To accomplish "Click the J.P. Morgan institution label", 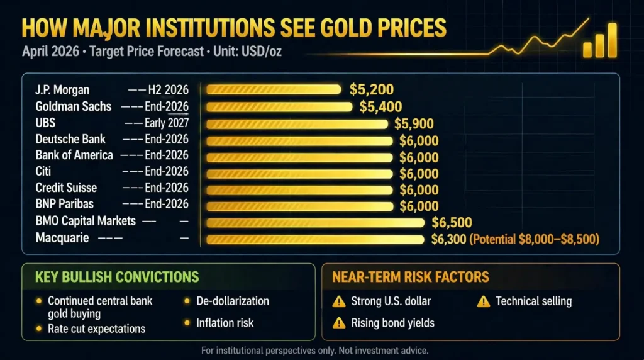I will tap(62, 90).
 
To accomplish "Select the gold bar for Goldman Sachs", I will tap(279, 107).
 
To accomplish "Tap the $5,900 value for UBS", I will tap(414, 124).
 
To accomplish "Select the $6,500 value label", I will tap(452, 222).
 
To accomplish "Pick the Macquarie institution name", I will tap(62, 238).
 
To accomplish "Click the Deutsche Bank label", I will tap(70, 139).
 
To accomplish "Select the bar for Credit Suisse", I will tap(300, 189).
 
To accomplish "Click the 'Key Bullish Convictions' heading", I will tap(117, 277).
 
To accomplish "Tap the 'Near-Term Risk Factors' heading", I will tap(410, 277).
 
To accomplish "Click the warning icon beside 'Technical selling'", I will tap(483, 301).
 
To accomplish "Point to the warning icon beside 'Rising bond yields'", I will tap(339, 323).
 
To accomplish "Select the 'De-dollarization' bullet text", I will tap(233, 301).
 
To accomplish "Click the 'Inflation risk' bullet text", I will tap(225, 323).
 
